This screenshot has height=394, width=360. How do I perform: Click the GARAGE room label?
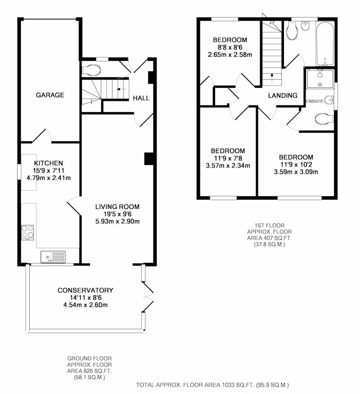pyautogui.click(x=50, y=95)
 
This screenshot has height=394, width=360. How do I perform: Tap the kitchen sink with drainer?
pyautogui.click(x=53, y=257)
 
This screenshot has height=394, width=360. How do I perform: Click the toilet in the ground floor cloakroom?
pyautogui.click(x=91, y=70)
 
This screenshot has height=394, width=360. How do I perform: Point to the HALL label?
pyautogui.click(x=141, y=98)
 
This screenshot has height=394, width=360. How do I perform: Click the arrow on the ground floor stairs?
pyautogui.click(x=121, y=89)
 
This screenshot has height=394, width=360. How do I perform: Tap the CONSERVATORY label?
pyautogui.click(x=85, y=290)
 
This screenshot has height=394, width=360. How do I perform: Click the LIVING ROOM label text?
pyautogui.click(x=117, y=207)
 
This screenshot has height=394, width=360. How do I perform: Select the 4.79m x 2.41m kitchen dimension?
pyautogui.click(x=49, y=178)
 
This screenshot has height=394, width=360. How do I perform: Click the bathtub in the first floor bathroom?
pyautogui.click(x=325, y=44)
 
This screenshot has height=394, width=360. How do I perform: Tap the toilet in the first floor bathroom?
pyautogui.click(x=292, y=31)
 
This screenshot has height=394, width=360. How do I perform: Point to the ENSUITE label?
pyautogui.click(x=315, y=101)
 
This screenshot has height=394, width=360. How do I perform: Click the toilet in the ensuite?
pyautogui.click(x=324, y=119)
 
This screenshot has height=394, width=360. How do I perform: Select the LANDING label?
pyautogui.click(x=283, y=95)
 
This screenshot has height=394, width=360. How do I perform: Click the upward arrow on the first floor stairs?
pyautogui.click(x=272, y=78)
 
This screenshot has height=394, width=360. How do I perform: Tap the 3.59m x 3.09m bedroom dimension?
pyautogui.click(x=296, y=172)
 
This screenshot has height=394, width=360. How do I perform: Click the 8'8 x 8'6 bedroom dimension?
pyautogui.click(x=230, y=47)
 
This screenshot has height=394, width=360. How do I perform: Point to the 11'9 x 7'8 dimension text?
pyautogui.click(x=228, y=159)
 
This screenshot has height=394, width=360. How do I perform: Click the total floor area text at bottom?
pyautogui.click(x=212, y=385)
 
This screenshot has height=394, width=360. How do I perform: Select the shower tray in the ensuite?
pyautogui.click(x=320, y=79)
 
